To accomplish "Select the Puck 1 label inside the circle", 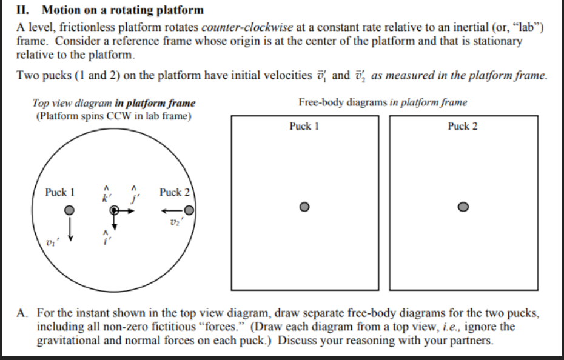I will coord(59,192).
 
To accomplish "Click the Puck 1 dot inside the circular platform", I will coord(70,210).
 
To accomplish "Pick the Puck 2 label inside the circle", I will coord(175,192).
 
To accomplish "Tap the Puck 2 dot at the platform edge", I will coord(190,210).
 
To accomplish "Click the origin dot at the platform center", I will coord(114,210).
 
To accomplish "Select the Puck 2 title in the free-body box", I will coord(463,126).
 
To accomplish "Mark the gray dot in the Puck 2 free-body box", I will coord(463,207).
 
